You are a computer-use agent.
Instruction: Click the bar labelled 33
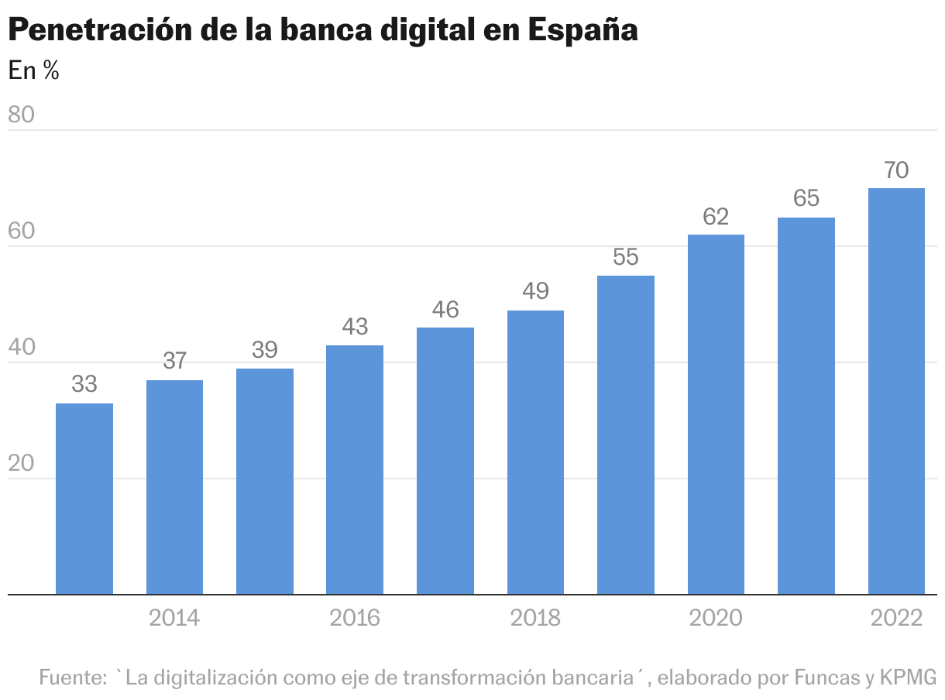(x=84, y=499)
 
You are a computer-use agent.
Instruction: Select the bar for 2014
(x=174, y=487)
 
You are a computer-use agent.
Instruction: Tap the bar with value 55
(x=626, y=434)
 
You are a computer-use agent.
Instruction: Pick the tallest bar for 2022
(x=896, y=391)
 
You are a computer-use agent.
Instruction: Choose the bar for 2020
(x=716, y=414)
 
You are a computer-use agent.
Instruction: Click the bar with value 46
(x=445, y=461)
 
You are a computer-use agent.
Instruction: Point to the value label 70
(x=896, y=170)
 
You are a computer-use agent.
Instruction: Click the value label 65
(x=806, y=199)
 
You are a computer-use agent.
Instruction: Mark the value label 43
(x=355, y=327)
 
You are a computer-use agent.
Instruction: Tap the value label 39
(x=265, y=350)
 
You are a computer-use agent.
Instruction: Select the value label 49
(x=535, y=292)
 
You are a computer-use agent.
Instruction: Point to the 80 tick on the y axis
(x=22, y=115)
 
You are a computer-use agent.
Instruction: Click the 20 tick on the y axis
(x=22, y=463)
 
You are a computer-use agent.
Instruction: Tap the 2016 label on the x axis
(x=355, y=618)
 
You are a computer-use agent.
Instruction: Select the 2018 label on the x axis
(x=535, y=618)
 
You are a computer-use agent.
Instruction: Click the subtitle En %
(x=33, y=70)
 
